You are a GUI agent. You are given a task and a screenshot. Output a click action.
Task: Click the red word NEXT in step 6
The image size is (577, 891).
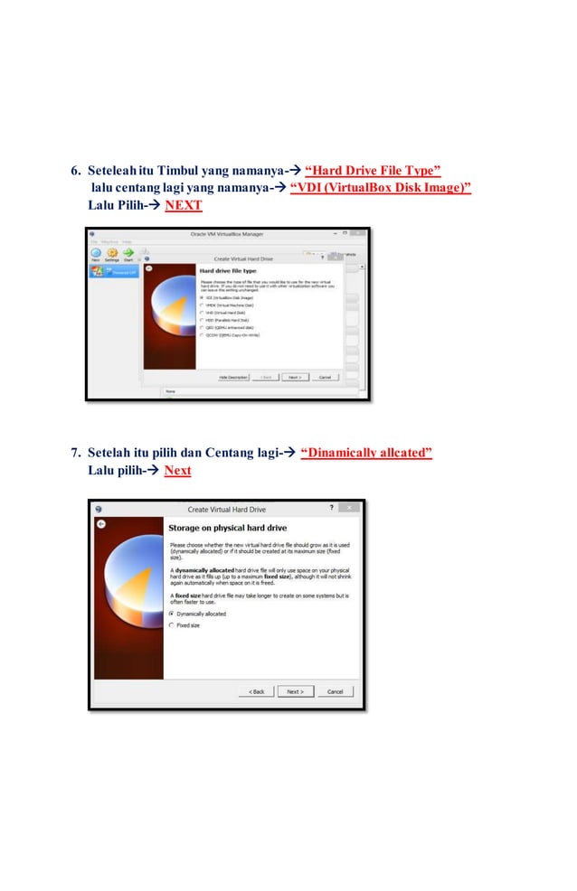point(183,205)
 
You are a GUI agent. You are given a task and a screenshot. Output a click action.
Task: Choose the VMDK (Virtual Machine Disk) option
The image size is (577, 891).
point(202,305)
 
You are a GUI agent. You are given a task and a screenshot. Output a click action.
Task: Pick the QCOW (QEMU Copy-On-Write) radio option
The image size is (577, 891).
point(202,335)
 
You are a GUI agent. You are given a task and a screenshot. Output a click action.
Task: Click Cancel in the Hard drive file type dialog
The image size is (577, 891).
point(324,377)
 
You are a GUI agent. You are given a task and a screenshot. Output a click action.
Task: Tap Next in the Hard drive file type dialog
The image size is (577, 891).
point(293,377)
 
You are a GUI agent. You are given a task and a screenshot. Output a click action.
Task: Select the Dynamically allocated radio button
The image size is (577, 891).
point(172,614)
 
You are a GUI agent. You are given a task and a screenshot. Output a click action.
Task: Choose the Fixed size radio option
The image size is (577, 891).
point(172,624)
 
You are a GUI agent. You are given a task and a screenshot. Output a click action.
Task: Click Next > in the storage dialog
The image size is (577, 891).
point(295,691)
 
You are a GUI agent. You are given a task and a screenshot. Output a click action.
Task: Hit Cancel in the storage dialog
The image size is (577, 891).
point(335,691)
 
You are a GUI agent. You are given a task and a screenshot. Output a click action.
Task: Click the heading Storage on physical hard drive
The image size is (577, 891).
point(227,527)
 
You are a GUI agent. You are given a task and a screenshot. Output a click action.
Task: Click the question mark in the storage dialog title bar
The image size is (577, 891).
point(332,508)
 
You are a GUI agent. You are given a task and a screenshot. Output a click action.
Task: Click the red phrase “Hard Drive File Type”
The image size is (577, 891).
point(373,170)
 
